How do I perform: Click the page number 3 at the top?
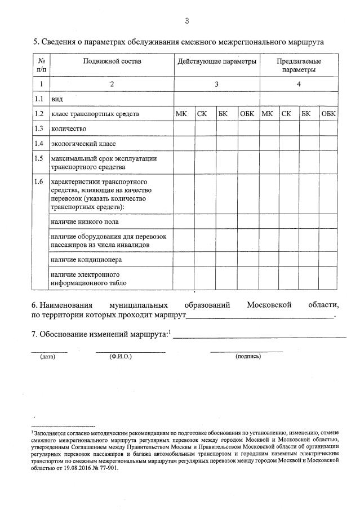tap(186, 21)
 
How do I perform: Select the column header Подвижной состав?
tap(112, 60)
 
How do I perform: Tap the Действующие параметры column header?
tap(217, 60)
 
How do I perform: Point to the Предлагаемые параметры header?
tap(299, 65)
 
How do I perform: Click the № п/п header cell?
tap(41, 65)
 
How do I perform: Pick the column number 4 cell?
tap(299, 84)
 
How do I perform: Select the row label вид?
tap(57, 99)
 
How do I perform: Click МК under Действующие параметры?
tap(181, 114)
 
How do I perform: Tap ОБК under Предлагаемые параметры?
tap(328, 114)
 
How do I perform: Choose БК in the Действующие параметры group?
tap(223, 114)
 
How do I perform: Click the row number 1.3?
tap(39, 128)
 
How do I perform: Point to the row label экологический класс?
tap(79, 144)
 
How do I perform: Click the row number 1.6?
tap(39, 181)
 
